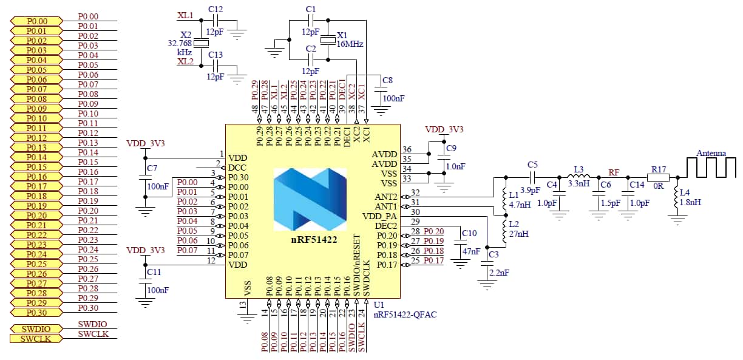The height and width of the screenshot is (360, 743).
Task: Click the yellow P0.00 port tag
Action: tap(36, 21)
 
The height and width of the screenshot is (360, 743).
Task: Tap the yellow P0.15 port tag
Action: tap(36, 167)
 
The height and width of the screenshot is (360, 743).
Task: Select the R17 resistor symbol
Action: tap(658, 178)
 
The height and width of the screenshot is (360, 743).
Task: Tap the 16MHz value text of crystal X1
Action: tap(350, 44)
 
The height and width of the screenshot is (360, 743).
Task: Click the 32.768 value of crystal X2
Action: tap(181, 43)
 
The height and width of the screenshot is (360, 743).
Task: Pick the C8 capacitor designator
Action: tap(388, 80)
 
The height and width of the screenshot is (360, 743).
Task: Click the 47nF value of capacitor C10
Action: tap(471, 251)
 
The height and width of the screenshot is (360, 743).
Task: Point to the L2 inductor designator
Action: tap(513, 224)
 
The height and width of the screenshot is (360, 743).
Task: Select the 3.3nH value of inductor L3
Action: tap(578, 182)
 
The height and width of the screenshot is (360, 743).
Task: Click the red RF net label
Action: tap(614, 173)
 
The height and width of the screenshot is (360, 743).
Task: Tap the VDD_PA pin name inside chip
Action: tap(379, 216)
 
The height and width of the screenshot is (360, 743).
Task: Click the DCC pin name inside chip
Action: tap(237, 168)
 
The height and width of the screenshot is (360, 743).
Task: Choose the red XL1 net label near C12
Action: tap(185, 15)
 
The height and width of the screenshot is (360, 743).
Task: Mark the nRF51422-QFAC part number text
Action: tap(405, 314)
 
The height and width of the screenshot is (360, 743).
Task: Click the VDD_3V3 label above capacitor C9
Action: tap(444, 130)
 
